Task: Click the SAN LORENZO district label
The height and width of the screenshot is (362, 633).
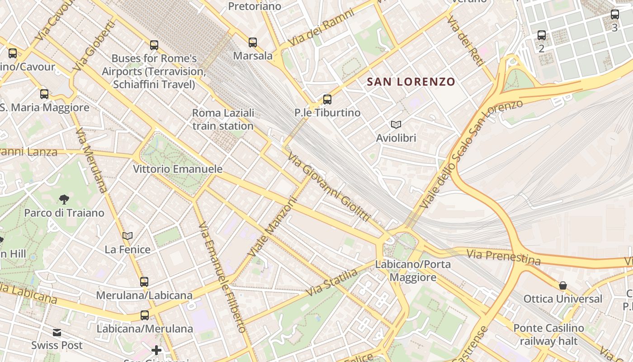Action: [411, 82]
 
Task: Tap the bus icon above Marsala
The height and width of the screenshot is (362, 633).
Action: [253, 43]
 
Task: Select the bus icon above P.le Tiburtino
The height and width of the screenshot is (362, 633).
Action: [327, 100]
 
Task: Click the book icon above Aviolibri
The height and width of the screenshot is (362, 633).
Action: [396, 124]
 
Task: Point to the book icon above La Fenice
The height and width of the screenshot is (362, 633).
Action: [128, 236]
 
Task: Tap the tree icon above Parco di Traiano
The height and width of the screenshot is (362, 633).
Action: [64, 199]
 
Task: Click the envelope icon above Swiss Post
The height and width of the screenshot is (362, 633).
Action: [57, 333]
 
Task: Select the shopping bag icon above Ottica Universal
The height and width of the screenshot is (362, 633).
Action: [563, 286]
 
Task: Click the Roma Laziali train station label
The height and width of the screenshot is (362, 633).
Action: [223, 119]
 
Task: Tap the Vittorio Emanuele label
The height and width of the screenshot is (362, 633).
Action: [178, 169]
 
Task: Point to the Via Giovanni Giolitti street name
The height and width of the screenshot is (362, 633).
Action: [329, 187]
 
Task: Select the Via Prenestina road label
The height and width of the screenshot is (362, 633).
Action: [504, 257]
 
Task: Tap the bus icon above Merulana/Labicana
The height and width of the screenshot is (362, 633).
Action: [144, 282]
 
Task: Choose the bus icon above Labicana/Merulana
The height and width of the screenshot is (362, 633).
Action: [145, 315]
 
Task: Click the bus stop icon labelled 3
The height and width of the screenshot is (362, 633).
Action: [614, 14]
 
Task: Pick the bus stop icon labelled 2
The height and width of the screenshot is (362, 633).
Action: [542, 35]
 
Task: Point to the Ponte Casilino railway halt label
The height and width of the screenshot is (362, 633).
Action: [548, 334]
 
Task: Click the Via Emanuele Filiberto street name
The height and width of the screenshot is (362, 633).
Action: [222, 277]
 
